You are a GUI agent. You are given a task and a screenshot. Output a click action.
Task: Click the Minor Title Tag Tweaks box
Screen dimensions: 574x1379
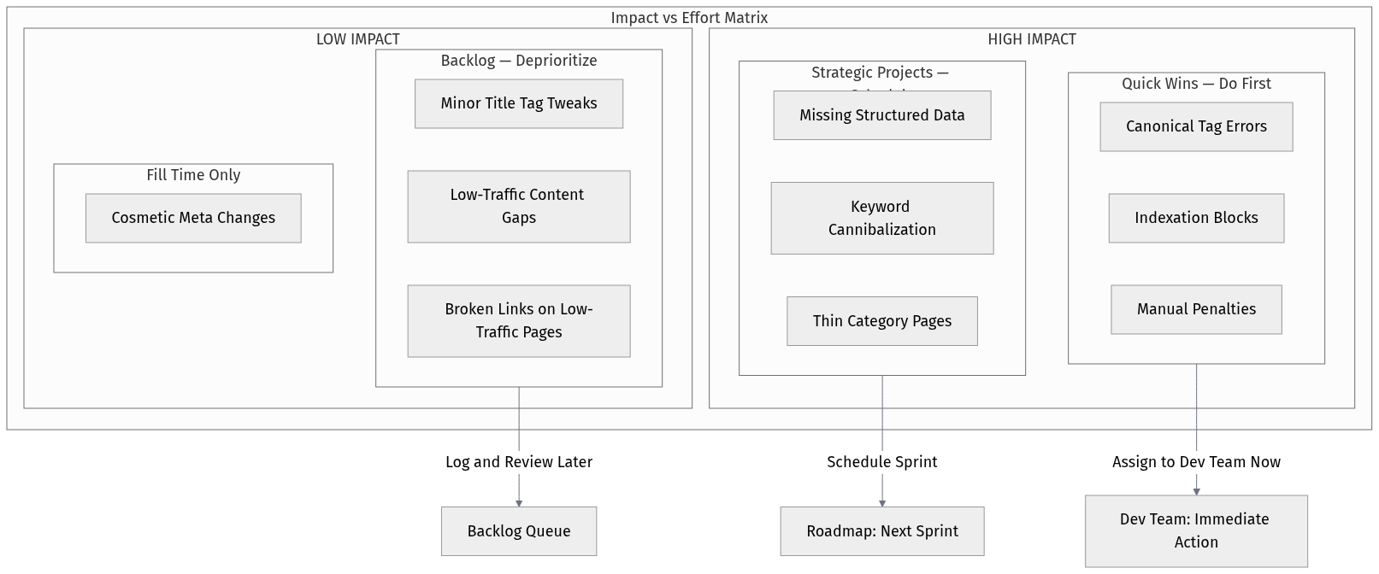pyautogui.click(x=519, y=103)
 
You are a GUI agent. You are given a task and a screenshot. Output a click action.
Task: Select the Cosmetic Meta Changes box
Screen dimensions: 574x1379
pyautogui.click(x=193, y=218)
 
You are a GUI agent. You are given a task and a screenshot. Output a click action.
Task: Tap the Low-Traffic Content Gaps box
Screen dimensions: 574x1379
pyautogui.click(x=519, y=206)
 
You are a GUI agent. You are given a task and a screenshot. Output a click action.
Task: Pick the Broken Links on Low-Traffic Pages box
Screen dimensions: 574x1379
pyautogui.click(x=519, y=320)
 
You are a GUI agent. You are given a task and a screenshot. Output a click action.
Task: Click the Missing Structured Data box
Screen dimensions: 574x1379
pyautogui.click(x=882, y=115)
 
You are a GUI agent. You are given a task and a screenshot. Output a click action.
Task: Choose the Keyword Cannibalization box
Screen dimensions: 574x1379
pyautogui.click(x=882, y=218)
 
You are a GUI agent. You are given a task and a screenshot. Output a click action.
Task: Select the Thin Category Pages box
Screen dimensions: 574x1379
pyautogui.click(x=882, y=321)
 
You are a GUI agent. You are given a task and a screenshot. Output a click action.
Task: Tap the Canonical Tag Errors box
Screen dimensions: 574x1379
pyautogui.click(x=1196, y=126)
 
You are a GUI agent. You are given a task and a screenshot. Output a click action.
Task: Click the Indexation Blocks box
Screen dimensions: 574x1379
pyautogui.click(x=1196, y=218)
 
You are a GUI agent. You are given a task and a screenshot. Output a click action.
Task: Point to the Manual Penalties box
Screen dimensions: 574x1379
pyautogui.click(x=1196, y=309)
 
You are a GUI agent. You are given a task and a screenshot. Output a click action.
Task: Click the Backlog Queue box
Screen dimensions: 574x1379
pyautogui.click(x=519, y=531)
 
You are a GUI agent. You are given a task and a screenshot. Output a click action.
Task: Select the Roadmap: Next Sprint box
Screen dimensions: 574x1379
pyautogui.click(x=882, y=531)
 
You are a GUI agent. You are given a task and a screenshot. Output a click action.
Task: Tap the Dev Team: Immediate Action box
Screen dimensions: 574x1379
pyautogui.click(x=1196, y=530)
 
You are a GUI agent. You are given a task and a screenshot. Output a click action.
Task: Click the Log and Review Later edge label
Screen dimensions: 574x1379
pyautogui.click(x=519, y=462)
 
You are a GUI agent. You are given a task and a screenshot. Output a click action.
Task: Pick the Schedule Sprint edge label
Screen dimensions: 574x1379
pyautogui.click(x=882, y=462)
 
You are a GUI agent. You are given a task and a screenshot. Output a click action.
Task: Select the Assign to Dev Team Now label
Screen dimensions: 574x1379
pyautogui.click(x=1196, y=462)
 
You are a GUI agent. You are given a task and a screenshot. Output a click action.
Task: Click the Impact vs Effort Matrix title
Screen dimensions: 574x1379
pyautogui.click(x=689, y=18)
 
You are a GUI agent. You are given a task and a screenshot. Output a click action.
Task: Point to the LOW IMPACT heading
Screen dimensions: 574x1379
pyautogui.click(x=357, y=39)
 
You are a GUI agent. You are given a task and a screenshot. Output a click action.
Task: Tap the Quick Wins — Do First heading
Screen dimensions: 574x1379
pyautogui.click(x=1196, y=84)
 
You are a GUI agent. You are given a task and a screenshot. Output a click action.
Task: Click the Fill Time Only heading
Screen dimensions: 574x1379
pyautogui.click(x=193, y=175)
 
